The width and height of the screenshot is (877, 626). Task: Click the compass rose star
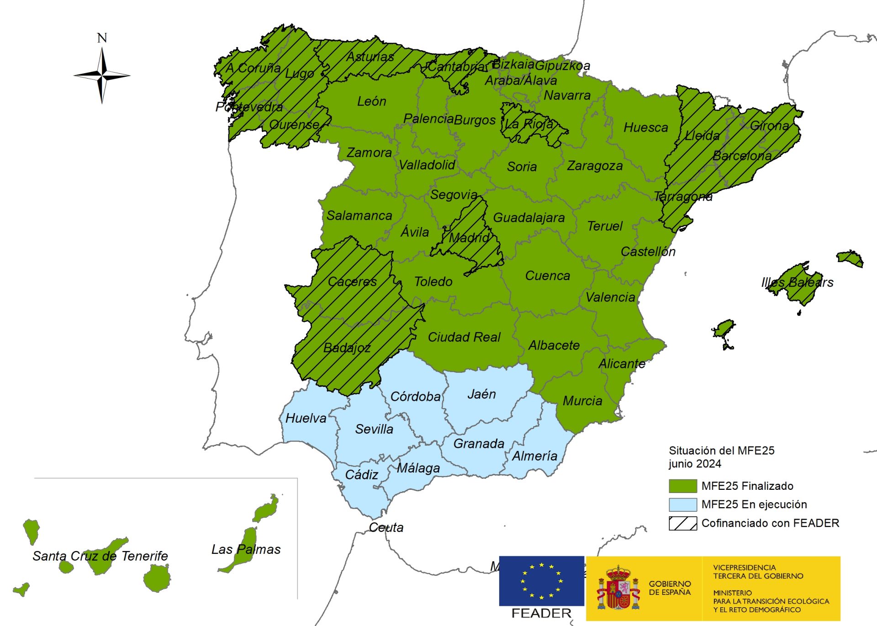102,75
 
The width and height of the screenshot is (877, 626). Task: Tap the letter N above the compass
102,38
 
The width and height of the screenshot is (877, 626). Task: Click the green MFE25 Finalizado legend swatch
682,486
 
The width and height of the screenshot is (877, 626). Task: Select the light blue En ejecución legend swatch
682,504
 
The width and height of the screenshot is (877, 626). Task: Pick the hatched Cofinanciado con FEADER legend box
682,523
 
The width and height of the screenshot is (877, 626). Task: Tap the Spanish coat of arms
618,589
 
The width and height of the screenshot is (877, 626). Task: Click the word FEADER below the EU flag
541,613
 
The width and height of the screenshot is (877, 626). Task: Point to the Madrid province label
469,238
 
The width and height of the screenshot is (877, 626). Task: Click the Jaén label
481,394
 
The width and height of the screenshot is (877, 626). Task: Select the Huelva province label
306,418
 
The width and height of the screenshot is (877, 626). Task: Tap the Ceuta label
386,527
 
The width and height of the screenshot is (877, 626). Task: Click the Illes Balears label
797,282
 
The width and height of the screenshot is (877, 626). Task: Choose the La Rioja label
528,124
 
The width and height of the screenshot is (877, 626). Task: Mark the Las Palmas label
246,549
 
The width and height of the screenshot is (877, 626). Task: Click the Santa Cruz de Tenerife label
100,556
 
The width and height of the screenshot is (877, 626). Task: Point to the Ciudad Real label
464,337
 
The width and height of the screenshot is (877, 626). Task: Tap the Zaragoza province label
595,166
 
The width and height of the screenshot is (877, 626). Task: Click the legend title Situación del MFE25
721,451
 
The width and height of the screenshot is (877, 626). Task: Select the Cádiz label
361,475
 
